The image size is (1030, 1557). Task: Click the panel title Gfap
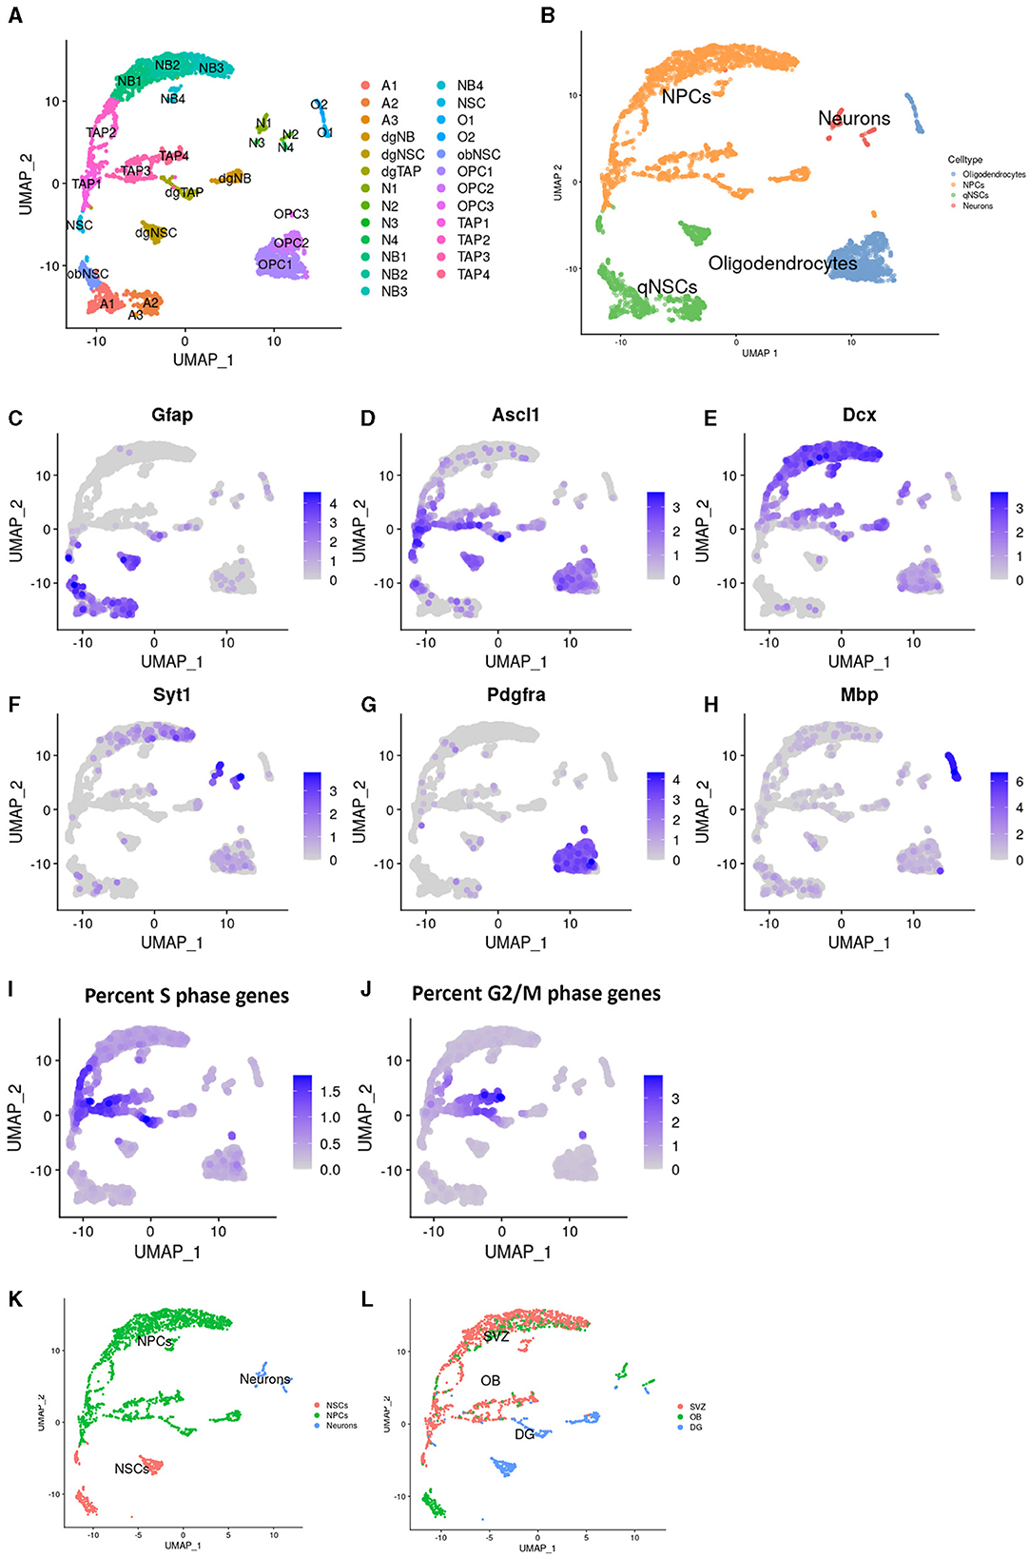coord(172,415)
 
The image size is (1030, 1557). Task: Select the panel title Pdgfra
coord(515,695)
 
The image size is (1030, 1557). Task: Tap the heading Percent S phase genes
coord(186,996)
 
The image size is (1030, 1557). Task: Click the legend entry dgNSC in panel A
coord(402,154)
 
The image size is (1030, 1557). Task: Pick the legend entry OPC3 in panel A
coord(475,205)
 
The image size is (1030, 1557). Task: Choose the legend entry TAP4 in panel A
coord(473,274)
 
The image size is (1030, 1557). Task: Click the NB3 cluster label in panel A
coord(211,68)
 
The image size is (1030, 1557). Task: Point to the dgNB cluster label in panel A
coord(235,178)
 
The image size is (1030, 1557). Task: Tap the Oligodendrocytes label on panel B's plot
coord(782,263)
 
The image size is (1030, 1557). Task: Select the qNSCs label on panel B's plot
coord(667,286)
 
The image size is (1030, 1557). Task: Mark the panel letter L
coord(367,1299)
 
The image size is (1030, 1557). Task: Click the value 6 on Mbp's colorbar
coord(1020,782)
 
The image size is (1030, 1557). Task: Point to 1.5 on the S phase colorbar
coord(330,1092)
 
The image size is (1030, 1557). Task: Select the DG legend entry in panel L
coord(695,1428)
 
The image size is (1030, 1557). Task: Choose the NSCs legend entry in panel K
coord(337,1405)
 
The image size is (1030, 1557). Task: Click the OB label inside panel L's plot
coord(490,1380)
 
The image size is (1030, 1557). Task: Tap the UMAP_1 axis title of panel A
coord(203,360)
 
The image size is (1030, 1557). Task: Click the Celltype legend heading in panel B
coord(964,160)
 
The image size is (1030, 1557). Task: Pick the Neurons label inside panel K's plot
coord(264,1379)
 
